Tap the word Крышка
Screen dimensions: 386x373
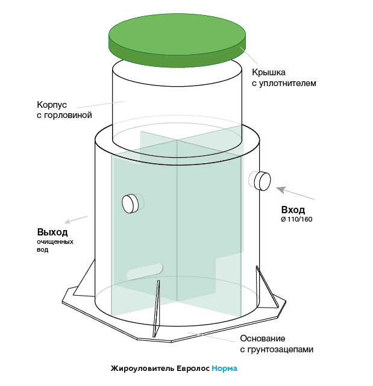click(x=268, y=72)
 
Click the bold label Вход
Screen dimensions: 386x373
click(x=293, y=210)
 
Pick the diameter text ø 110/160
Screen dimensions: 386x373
click(x=296, y=219)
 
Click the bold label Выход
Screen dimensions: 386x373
click(x=52, y=232)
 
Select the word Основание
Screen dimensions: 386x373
click(x=263, y=338)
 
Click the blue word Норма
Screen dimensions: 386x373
click(x=224, y=369)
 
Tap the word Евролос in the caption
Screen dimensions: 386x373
click(x=193, y=369)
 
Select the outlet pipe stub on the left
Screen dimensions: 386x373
click(x=130, y=204)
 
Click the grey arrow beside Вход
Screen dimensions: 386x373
click(x=295, y=193)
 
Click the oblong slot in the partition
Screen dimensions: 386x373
click(x=145, y=271)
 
